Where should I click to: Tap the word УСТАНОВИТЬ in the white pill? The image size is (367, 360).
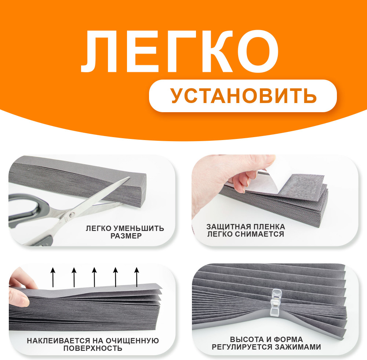pos(243,96)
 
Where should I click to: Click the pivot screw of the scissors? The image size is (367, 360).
pos(72,214)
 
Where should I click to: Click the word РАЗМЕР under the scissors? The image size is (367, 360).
pos(126,236)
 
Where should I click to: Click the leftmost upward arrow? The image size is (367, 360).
pos(53,277)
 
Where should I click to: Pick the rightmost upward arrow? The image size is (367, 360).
pos(137,277)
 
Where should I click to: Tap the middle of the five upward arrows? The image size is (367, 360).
pos(94,277)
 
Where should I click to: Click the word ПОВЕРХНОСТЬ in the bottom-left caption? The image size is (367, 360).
pos(93,348)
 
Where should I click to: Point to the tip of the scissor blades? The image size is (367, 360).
pos(130,177)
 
